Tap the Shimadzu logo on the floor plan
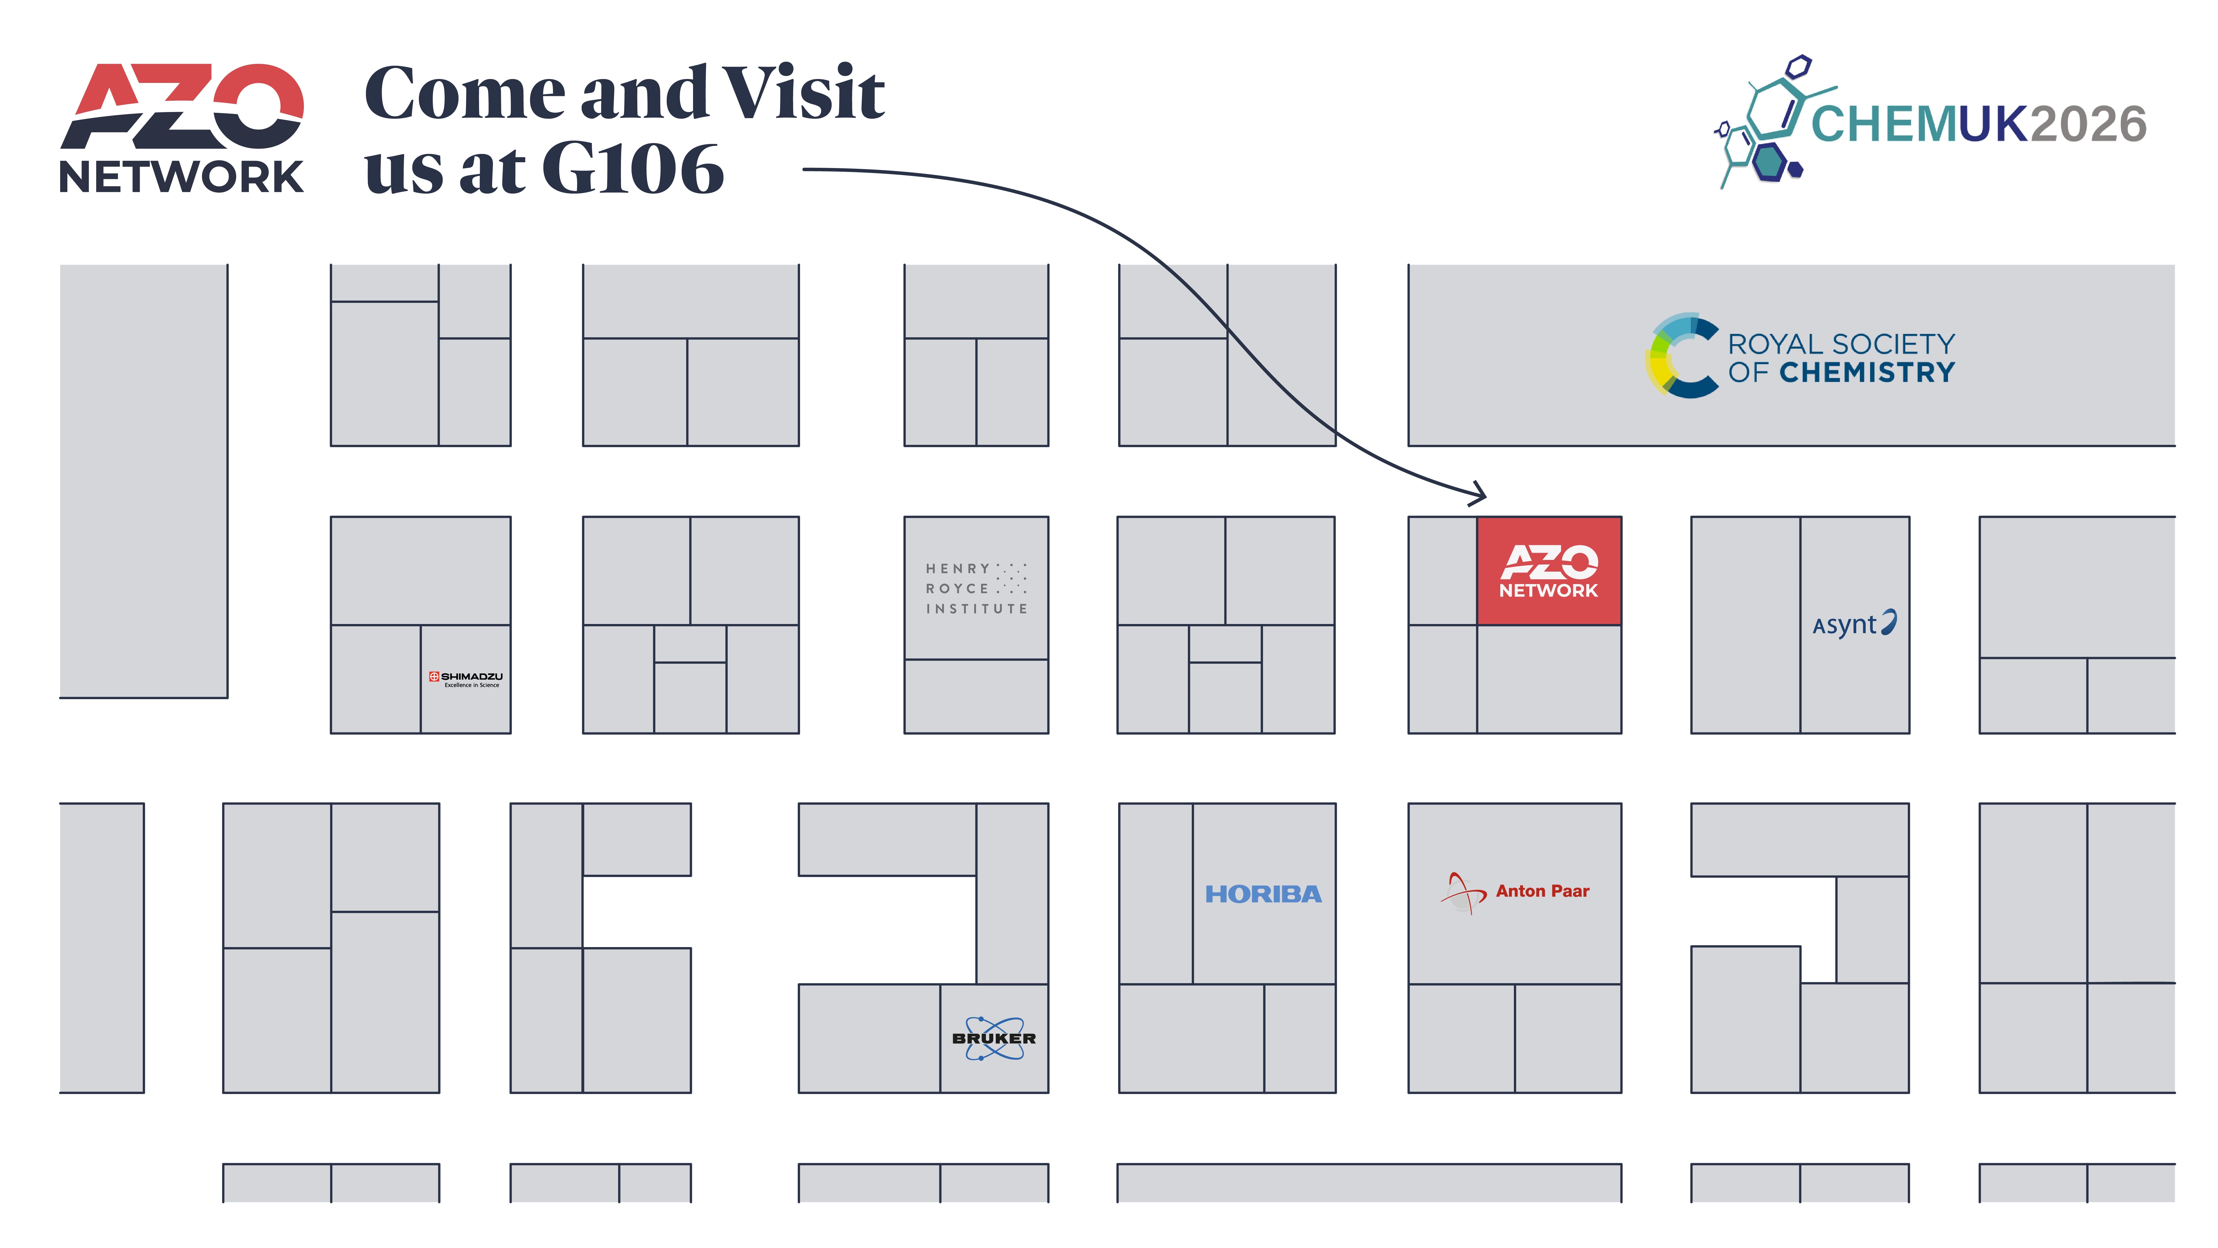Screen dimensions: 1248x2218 pos(466,679)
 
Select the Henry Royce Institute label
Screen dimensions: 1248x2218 pos(976,588)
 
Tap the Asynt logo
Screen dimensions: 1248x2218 pos(1854,623)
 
